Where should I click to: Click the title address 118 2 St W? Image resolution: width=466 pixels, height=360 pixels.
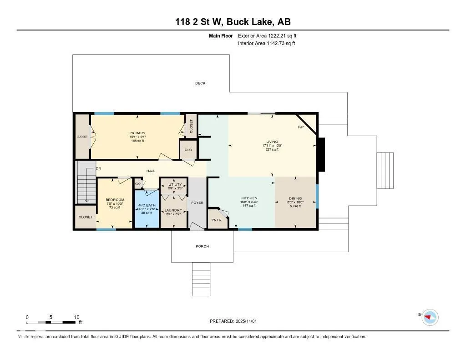pyautogui.click(x=233, y=22)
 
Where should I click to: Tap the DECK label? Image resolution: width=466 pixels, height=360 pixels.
pyautogui.click(x=200, y=83)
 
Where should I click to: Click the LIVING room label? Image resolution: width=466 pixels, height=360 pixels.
pyautogui.click(x=272, y=142)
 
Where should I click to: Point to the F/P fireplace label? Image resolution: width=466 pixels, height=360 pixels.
pyautogui.click(x=301, y=127)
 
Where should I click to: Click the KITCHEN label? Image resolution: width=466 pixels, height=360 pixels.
pyautogui.click(x=249, y=198)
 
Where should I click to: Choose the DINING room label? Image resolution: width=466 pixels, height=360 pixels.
pyautogui.click(x=295, y=198)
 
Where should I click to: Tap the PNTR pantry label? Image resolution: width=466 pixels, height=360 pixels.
pyautogui.click(x=216, y=220)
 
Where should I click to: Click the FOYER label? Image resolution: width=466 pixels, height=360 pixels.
pyautogui.click(x=197, y=203)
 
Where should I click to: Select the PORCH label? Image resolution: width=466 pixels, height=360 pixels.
pyautogui.click(x=202, y=246)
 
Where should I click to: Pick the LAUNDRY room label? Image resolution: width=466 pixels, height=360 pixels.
pyautogui.click(x=173, y=210)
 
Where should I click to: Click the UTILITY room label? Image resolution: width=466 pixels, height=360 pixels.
pyautogui.click(x=173, y=185)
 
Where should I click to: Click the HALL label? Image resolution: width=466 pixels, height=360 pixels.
pyautogui.click(x=151, y=171)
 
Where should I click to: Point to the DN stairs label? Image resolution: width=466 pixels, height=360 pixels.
pyautogui.click(x=98, y=168)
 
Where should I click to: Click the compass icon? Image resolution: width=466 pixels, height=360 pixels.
pyautogui.click(x=430, y=317)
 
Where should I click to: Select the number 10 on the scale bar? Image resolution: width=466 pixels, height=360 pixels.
pyautogui.click(x=76, y=317)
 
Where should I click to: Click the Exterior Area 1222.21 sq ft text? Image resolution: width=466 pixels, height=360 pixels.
pyautogui.click(x=267, y=35)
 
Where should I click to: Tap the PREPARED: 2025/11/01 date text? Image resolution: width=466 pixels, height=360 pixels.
pyautogui.click(x=233, y=321)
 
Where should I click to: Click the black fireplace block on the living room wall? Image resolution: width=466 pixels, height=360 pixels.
pyautogui.click(x=321, y=155)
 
